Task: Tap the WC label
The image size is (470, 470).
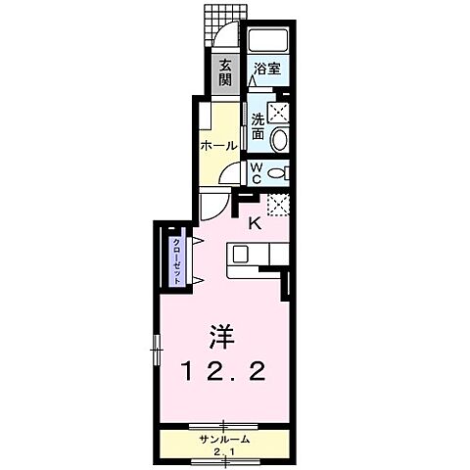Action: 257,174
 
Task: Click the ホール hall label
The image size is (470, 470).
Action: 217,145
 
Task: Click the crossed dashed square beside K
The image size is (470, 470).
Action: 278,206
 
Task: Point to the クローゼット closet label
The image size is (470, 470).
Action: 177,260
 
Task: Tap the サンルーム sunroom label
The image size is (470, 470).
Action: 224,439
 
